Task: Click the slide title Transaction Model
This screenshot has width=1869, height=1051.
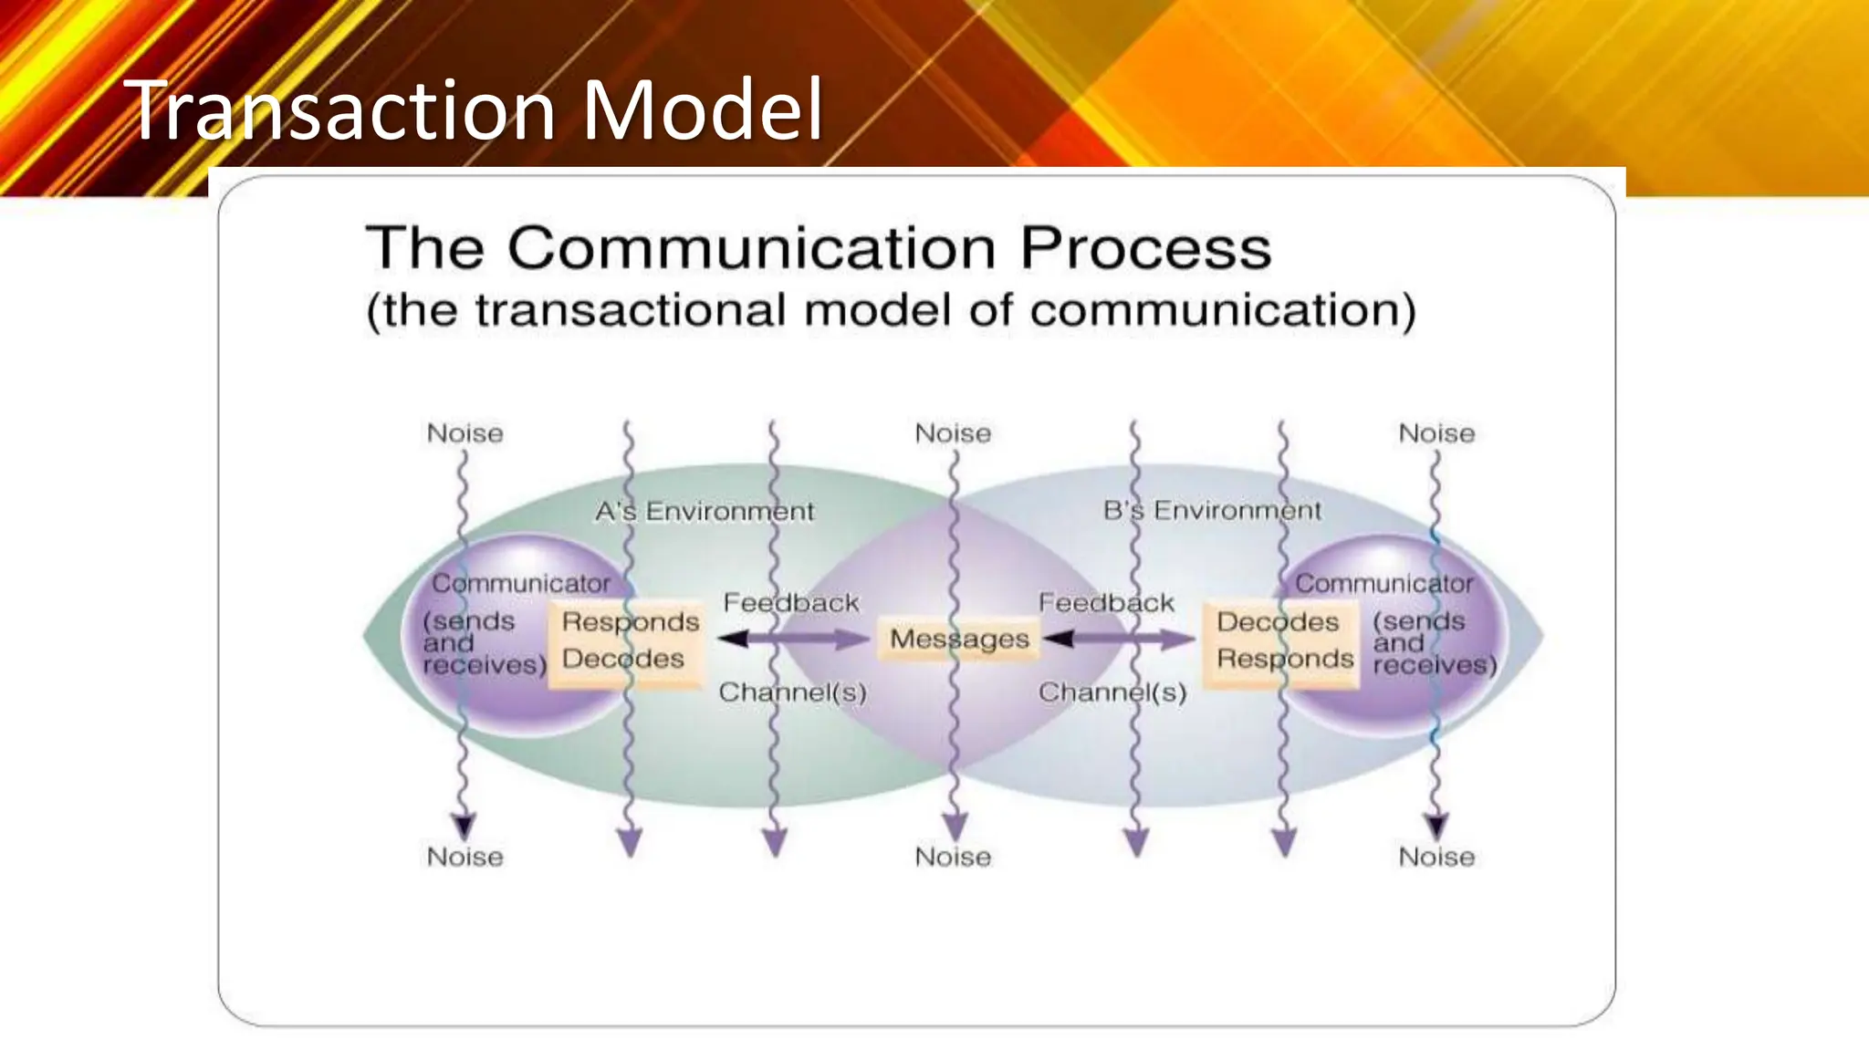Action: [x=475, y=109]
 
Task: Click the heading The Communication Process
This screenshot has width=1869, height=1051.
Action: [x=818, y=247]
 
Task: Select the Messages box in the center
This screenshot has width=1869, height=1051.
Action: [x=959, y=639]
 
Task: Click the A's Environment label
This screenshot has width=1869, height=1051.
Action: [x=704, y=511]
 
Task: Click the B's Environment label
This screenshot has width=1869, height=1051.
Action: [x=1211, y=510]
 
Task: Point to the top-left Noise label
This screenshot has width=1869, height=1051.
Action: [x=465, y=433]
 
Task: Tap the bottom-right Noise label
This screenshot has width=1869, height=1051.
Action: [x=1436, y=857]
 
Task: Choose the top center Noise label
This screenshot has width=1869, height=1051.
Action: [x=953, y=433]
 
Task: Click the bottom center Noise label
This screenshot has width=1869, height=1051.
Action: [x=953, y=857]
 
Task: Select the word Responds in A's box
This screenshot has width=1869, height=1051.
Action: [x=630, y=622]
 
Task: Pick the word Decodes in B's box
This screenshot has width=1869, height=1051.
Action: [x=1277, y=622]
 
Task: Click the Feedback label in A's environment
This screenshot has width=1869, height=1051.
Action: [x=790, y=603]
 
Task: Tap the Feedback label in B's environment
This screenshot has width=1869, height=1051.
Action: [x=1106, y=603]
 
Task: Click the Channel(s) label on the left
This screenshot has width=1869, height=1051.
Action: [x=792, y=692]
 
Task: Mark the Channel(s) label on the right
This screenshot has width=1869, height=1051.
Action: [x=1112, y=692]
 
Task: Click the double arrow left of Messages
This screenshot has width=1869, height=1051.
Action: [x=792, y=640]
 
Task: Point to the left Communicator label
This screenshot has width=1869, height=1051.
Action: [x=520, y=583]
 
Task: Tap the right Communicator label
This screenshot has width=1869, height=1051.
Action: [x=1383, y=583]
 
